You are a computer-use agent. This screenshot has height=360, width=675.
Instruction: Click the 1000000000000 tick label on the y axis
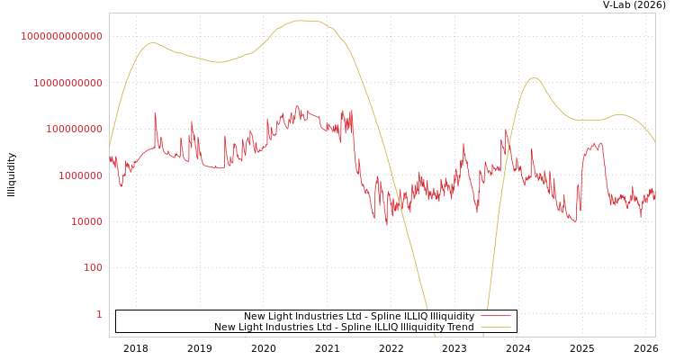click(x=61, y=36)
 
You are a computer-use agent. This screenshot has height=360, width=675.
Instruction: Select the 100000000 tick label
click(x=73, y=130)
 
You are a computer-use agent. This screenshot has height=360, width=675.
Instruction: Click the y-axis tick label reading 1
click(x=99, y=314)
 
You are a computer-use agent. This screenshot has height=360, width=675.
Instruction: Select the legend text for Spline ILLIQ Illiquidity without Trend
click(x=359, y=317)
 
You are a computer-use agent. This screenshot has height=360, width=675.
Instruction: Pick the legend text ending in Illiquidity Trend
click(x=344, y=327)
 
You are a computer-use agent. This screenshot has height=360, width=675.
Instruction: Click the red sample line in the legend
click(x=496, y=317)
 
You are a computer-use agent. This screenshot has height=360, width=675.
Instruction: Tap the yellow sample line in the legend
click(x=496, y=327)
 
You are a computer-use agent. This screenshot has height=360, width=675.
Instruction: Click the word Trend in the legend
click(x=460, y=327)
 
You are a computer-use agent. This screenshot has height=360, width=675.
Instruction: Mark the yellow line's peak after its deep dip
click(x=534, y=78)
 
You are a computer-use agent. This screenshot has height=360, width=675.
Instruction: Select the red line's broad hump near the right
click(x=593, y=145)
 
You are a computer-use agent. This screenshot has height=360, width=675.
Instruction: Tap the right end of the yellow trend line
click(x=654, y=141)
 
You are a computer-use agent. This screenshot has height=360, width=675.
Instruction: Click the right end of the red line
click(x=654, y=196)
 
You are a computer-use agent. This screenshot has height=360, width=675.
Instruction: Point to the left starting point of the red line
click(x=110, y=158)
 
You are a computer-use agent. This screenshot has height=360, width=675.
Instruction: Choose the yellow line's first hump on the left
click(x=152, y=42)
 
